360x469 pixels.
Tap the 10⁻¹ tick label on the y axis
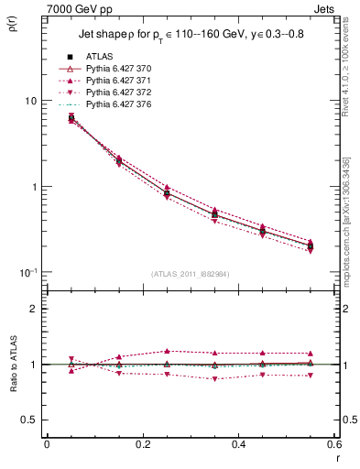tap(27, 272)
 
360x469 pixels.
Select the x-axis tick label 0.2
tap(142, 444)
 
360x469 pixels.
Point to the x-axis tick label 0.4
tap(237, 444)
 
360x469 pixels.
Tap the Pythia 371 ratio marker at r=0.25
tap(167, 351)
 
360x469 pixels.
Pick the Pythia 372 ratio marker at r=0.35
tap(214, 378)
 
